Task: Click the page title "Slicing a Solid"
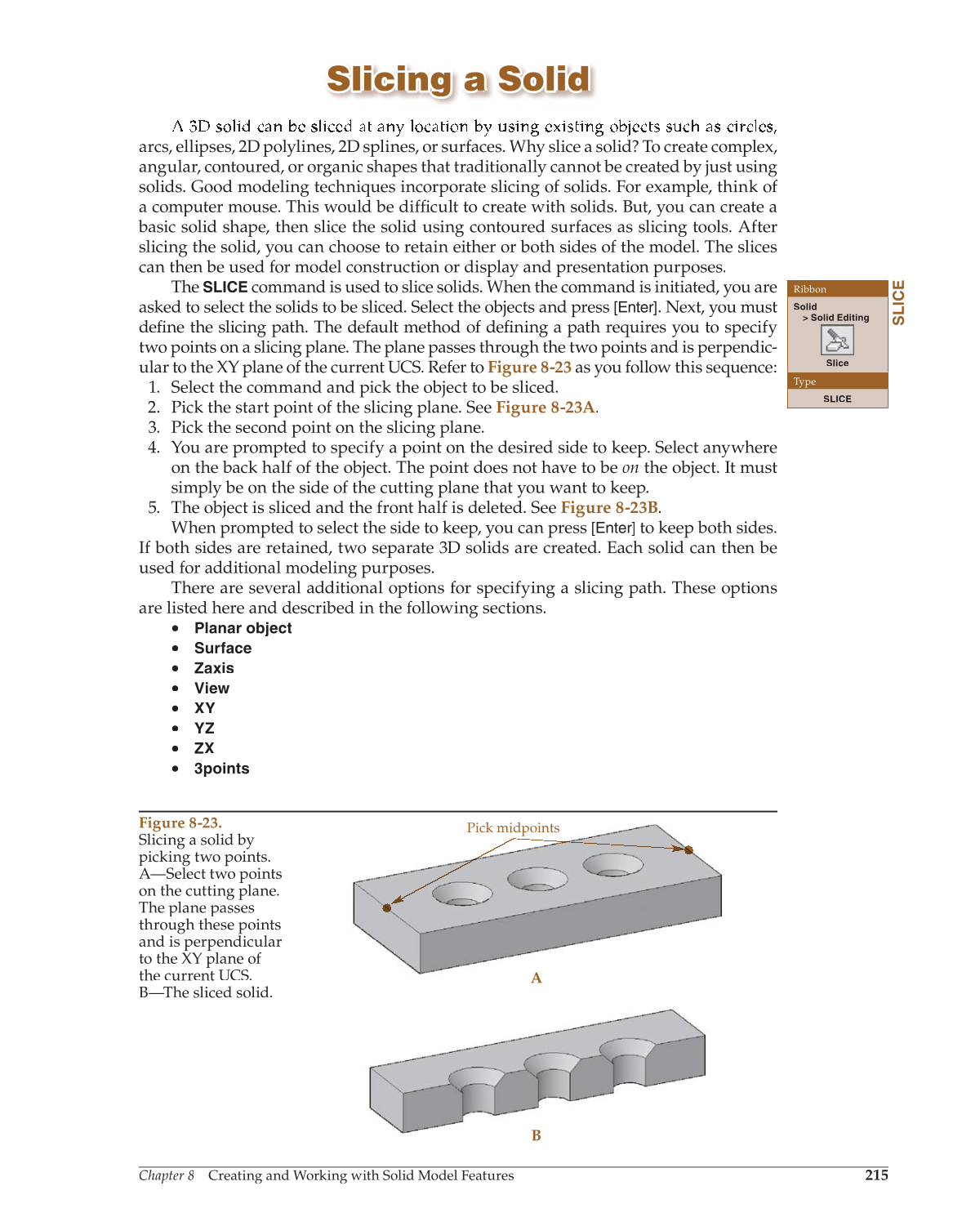[459, 80]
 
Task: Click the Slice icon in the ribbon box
[836, 340]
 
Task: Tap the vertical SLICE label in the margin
[898, 302]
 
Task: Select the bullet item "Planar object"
[243, 628]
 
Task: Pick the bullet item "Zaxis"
[214, 668]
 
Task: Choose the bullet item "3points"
[221, 769]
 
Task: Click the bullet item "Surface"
[223, 649]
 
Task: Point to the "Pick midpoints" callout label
[513, 827]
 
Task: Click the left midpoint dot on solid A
[387, 907]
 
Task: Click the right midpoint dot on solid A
[688, 850]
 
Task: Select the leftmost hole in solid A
[462, 894]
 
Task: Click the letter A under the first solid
[537, 978]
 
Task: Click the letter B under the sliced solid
[537, 1135]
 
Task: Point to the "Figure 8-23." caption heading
[180, 822]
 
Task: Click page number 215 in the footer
[876, 1175]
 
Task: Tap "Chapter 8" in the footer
[167, 1175]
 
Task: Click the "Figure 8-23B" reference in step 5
[609, 507]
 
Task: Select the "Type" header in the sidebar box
[805, 381]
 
